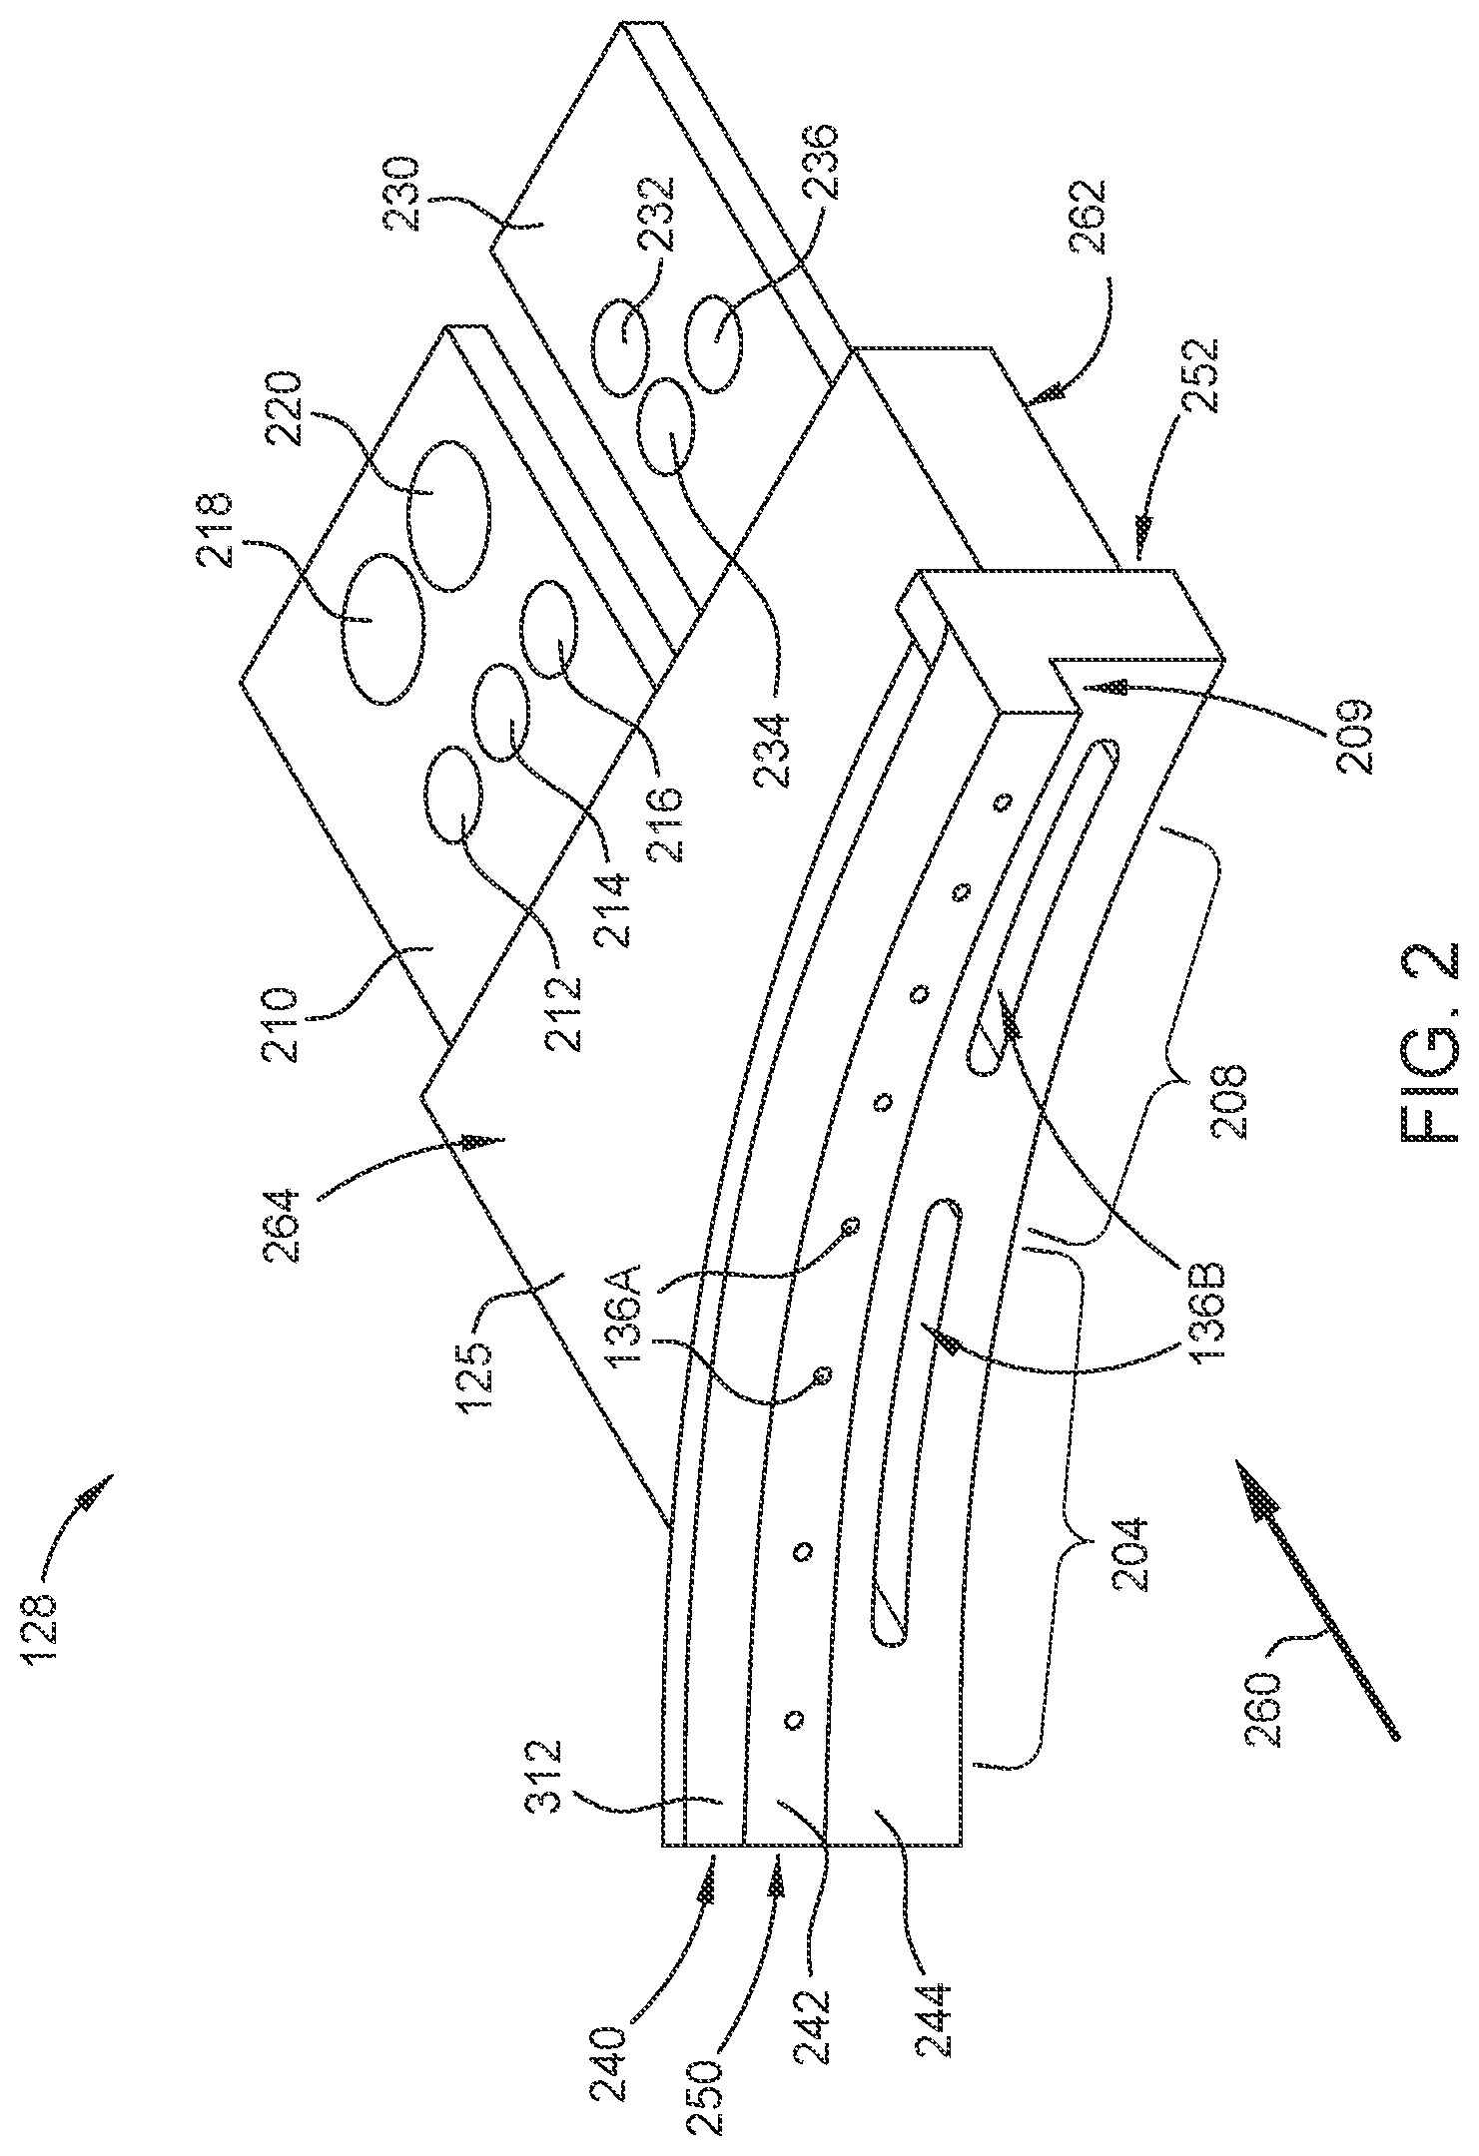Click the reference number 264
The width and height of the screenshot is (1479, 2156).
point(289,1225)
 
